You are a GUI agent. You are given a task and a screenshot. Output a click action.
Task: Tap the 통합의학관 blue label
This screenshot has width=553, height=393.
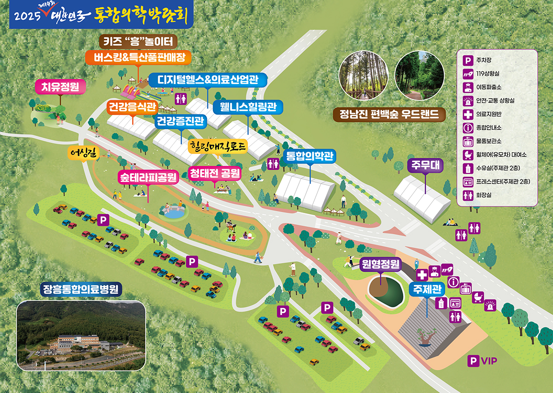[310, 156]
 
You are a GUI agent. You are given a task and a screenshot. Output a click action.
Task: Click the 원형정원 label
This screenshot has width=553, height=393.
[381, 265]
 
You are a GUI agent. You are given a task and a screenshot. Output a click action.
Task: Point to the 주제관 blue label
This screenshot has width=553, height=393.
[426, 290]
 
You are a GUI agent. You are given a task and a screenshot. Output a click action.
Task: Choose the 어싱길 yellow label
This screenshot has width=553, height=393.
[83, 153]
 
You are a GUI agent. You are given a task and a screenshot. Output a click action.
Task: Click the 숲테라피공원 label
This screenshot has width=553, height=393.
[148, 178]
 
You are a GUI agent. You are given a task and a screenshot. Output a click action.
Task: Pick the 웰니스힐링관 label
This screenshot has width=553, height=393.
[247, 107]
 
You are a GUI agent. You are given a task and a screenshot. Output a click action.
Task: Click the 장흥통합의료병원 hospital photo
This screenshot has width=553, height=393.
[81, 336]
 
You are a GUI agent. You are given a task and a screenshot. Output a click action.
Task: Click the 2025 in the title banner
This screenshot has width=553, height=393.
[28, 16]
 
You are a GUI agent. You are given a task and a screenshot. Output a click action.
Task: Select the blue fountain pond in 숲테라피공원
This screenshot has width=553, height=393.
[174, 213]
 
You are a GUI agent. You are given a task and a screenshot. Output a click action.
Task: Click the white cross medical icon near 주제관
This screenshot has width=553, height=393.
[422, 275]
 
